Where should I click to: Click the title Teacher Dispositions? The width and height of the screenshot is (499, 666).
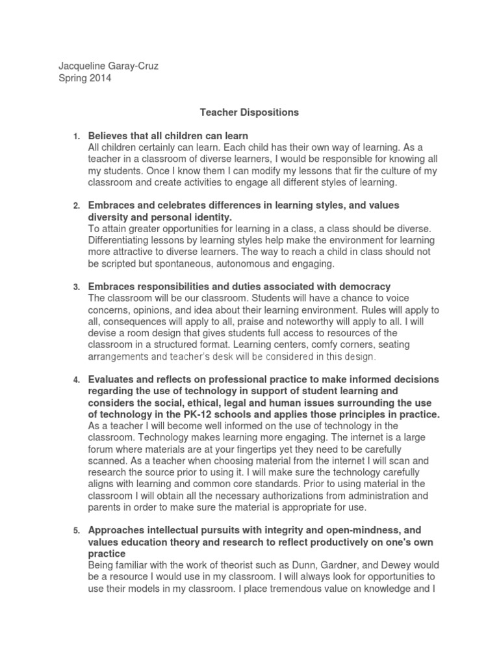249,112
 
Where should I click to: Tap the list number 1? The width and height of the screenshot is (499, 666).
75,136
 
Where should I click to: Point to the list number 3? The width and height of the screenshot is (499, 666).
75,287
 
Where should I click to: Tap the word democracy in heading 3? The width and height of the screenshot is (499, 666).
366,286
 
